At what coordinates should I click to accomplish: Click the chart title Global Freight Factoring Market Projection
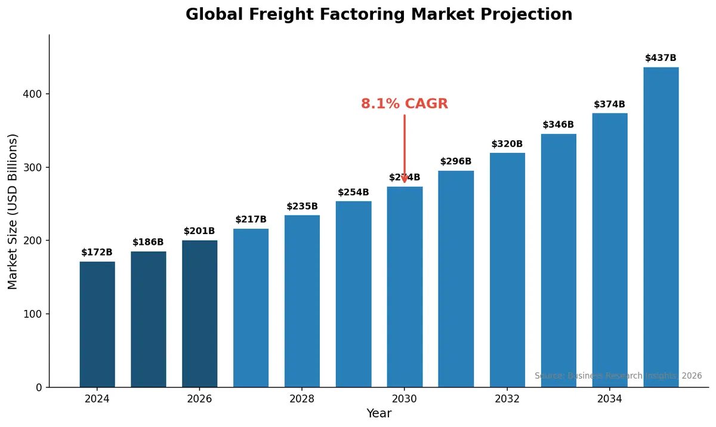coord(379,15)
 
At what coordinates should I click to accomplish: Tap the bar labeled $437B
coord(661,227)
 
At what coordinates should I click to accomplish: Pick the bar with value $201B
coord(200,314)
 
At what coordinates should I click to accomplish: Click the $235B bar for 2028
coord(302,302)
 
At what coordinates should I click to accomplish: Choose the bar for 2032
coord(507,270)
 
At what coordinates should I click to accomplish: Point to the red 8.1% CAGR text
coord(405,104)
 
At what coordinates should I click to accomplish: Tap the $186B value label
coord(148,242)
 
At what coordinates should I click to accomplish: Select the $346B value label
coord(558,125)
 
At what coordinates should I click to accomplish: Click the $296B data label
coord(456,161)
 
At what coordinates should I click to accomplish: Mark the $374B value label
coord(609,105)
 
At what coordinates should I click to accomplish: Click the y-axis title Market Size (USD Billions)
coord(13,211)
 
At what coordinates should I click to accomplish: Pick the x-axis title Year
coord(379,413)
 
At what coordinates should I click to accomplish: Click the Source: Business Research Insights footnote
coord(618,376)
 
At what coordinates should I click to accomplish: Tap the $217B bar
coord(251,308)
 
